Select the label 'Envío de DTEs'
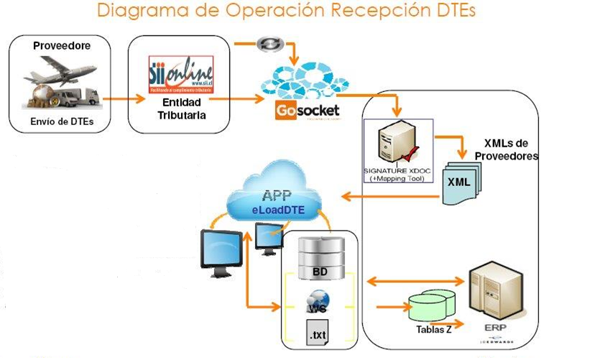coord(62,121)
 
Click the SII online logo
coord(180,75)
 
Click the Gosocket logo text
coord(307,111)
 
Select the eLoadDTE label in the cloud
coord(277,210)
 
